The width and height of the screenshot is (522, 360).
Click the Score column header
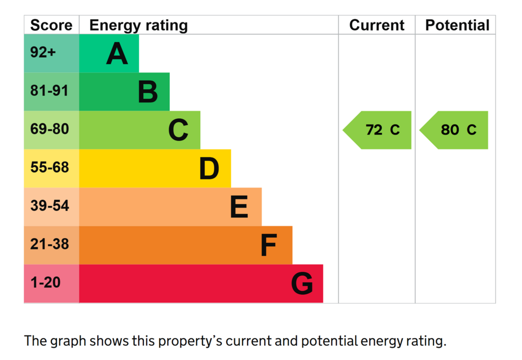click(x=51, y=25)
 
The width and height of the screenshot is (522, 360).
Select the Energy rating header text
click(x=139, y=26)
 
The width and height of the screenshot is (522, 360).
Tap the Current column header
click(x=377, y=25)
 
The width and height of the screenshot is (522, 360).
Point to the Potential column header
click(x=457, y=25)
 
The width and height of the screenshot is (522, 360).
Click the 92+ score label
click(x=43, y=53)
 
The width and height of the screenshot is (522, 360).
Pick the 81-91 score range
click(x=49, y=91)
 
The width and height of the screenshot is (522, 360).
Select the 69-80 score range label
click(x=49, y=129)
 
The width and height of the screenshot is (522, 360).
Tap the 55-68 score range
click(x=49, y=167)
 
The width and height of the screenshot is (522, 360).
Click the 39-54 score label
click(x=49, y=205)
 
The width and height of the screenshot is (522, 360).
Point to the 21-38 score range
click(x=49, y=244)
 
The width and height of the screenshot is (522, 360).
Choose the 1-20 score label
click(x=45, y=282)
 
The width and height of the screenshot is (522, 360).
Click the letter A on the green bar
click(x=117, y=53)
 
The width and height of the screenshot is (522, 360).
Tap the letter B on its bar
click(x=148, y=92)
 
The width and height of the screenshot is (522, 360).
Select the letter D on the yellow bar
click(x=209, y=168)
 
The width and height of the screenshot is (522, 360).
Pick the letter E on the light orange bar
click(x=239, y=207)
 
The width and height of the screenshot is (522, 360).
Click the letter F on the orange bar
click(x=269, y=245)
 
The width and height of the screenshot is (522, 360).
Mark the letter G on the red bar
click(x=302, y=284)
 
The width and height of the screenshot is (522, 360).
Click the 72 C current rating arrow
click(x=377, y=130)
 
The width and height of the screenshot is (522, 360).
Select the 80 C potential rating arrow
click(x=453, y=130)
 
